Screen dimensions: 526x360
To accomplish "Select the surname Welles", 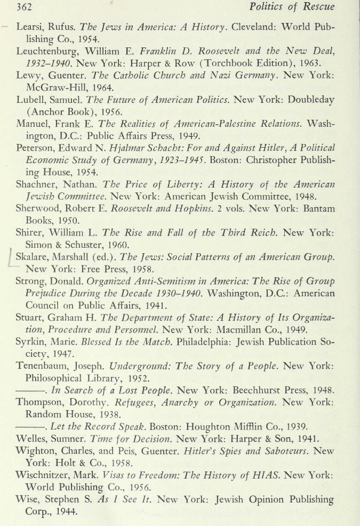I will [33, 438].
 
